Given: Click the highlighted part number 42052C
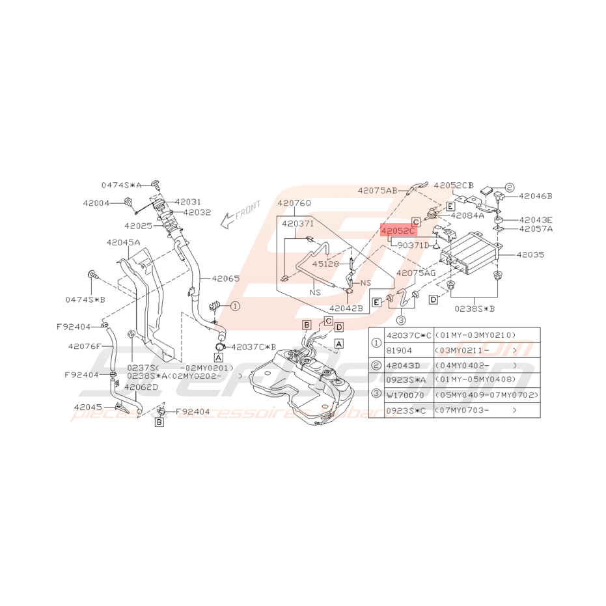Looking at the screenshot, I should click(398, 230).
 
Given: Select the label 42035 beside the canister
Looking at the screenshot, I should click(530, 256).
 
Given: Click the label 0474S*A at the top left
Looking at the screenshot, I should click(120, 185).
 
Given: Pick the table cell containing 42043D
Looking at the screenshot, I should click(405, 365).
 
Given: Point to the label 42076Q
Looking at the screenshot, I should click(294, 203).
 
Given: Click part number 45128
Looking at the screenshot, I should click(324, 264).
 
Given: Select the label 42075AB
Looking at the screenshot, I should click(377, 191).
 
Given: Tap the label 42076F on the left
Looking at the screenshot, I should click(85, 346).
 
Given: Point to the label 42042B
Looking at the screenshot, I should click(346, 309).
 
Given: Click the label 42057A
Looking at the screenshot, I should click(536, 229).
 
